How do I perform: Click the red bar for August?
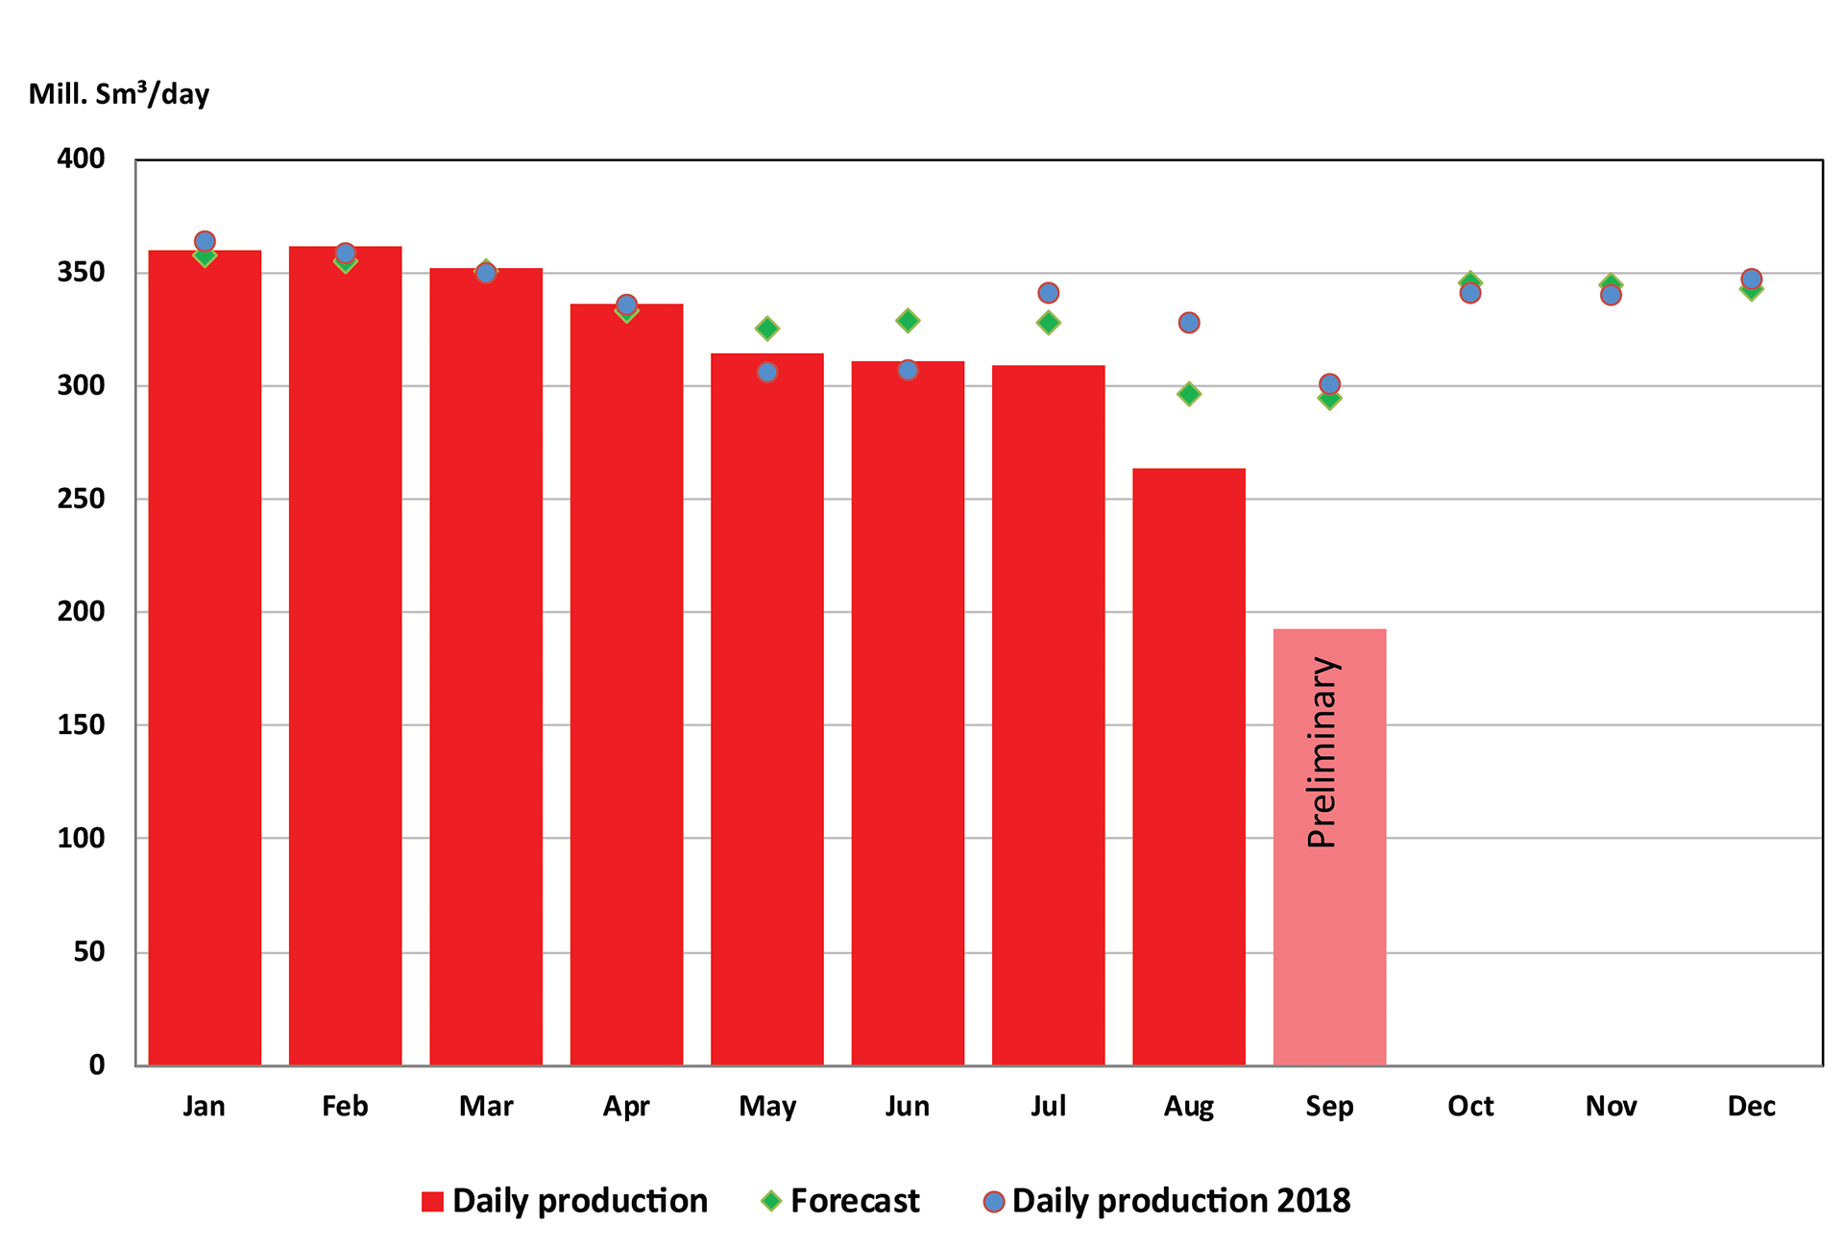[x=1188, y=769]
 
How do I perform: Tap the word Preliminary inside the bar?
[x=1322, y=752]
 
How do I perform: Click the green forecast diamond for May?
[x=766, y=329]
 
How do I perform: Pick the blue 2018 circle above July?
[x=1048, y=293]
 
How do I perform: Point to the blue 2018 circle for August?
[x=1188, y=323]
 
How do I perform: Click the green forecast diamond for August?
[x=1188, y=394]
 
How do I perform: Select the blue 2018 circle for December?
[x=1751, y=280]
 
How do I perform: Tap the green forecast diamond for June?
[x=908, y=320]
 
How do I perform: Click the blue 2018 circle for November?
[x=1611, y=295]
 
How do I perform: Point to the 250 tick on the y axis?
[x=81, y=499]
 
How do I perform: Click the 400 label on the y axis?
[x=81, y=159]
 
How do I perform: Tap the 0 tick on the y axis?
[x=96, y=1064]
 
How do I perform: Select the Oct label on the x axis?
[x=1469, y=1107]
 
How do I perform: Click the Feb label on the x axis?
[x=345, y=1107]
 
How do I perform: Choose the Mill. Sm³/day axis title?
[x=118, y=93]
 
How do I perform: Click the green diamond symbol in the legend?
[x=770, y=1201]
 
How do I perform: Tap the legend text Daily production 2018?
[x=1180, y=1201]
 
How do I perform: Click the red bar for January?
[x=205, y=673]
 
